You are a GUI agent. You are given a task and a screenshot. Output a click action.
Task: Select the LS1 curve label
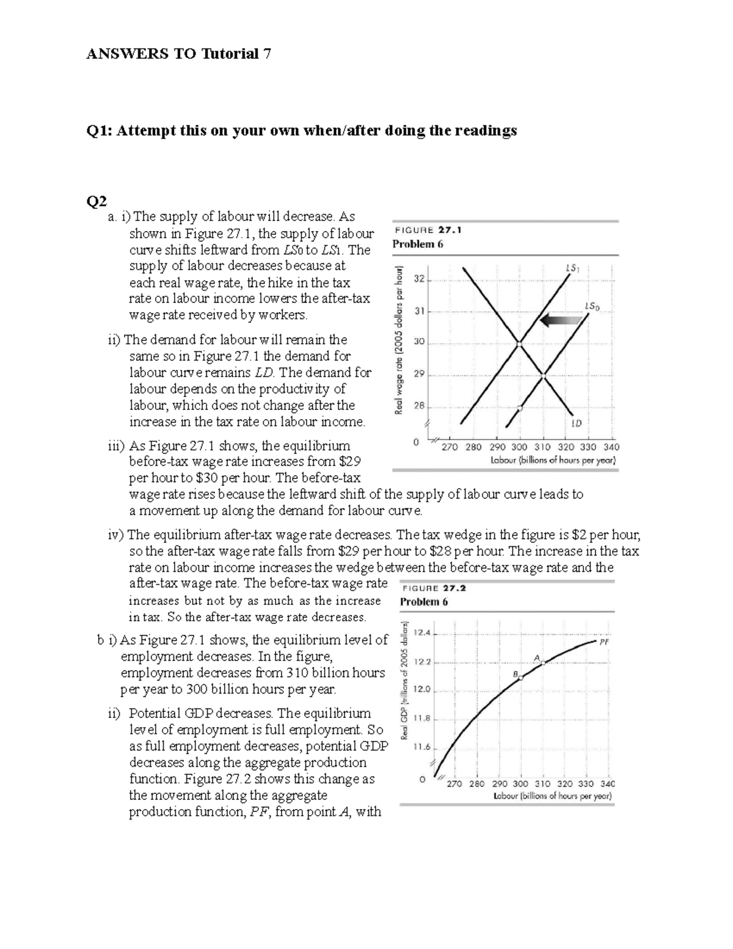tap(572, 268)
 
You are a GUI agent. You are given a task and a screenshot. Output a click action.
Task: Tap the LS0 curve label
tap(592, 306)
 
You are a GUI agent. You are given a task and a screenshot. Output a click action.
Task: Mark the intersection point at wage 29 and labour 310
tap(543, 376)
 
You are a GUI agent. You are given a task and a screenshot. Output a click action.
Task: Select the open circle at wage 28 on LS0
tap(520, 408)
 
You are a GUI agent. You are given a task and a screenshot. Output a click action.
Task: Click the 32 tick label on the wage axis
tap(418, 279)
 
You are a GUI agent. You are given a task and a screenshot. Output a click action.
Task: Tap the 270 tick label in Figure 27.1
tap(449, 447)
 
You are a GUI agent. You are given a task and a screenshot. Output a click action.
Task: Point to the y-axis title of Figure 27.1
tap(399, 340)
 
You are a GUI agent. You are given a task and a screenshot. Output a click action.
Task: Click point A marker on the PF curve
tap(542, 663)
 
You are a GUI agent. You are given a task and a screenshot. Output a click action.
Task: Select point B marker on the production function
tap(520, 677)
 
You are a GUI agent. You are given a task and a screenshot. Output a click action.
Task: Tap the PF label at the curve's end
tap(604, 642)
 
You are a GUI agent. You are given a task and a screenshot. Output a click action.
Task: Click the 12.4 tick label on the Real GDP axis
tap(422, 632)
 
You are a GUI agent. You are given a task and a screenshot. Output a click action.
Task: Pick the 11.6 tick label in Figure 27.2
tap(422, 747)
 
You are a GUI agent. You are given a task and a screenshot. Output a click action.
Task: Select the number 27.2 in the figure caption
tap(454, 588)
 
